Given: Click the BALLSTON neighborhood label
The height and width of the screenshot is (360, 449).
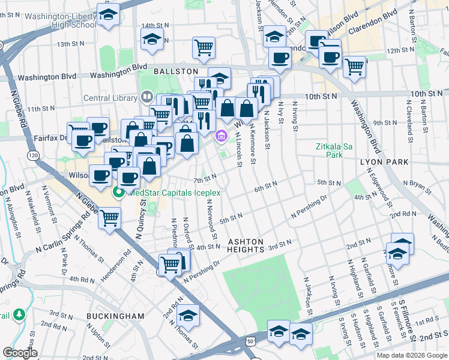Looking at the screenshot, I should [x=176, y=71].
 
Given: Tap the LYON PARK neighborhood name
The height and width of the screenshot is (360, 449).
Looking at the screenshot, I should [x=384, y=162].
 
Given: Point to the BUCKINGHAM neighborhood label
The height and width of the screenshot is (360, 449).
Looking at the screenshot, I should [x=115, y=316].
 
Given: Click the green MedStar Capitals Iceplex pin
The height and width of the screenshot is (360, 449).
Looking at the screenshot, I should [x=118, y=192].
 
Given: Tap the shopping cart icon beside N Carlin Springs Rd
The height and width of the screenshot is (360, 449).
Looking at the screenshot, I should [x=110, y=217].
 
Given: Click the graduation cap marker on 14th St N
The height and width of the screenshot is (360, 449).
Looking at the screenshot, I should [x=152, y=40].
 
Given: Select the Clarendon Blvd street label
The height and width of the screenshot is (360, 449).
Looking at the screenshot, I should [x=378, y=13].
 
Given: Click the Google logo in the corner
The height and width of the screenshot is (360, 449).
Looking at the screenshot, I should [x=19, y=352].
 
